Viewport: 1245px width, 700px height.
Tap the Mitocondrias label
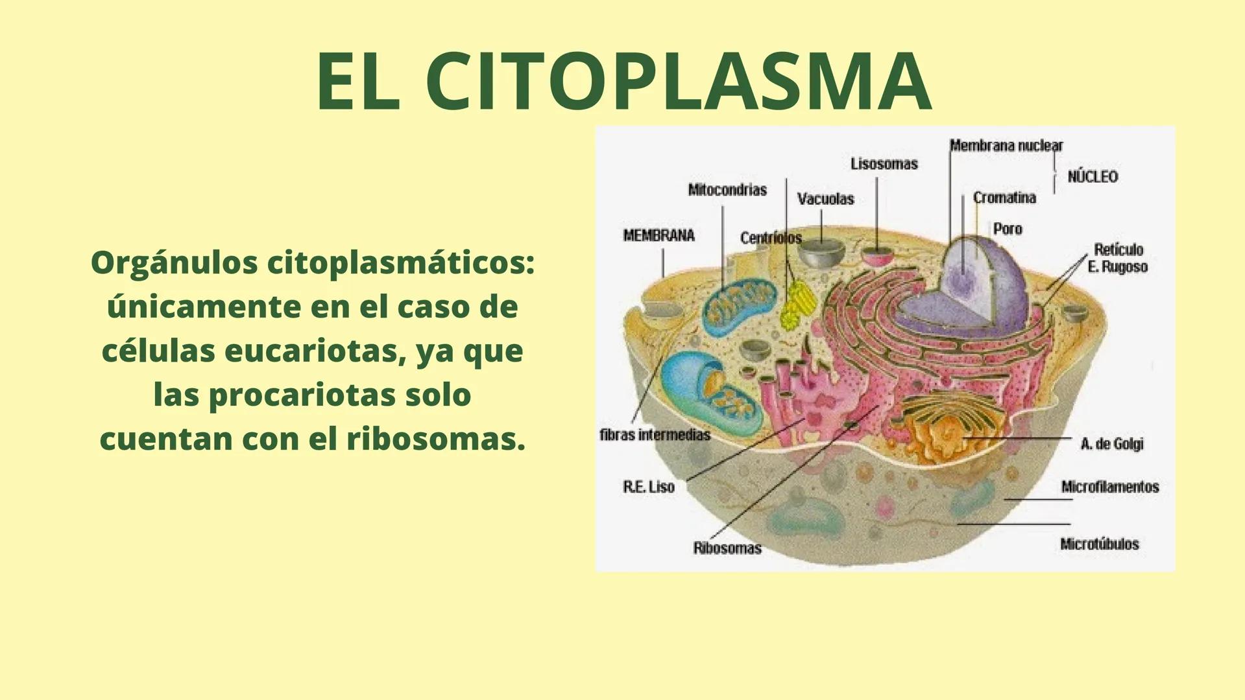[x=727, y=190]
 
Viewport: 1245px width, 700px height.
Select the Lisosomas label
[x=884, y=164]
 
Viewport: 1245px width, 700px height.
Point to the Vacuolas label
[x=825, y=199]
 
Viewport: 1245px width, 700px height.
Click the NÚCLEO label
[x=1093, y=176]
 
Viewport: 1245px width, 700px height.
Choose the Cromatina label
[x=1004, y=198]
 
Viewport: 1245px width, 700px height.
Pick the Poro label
[x=1008, y=229]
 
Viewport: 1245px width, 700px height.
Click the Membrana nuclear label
[x=1006, y=145]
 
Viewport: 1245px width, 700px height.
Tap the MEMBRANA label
[x=659, y=235]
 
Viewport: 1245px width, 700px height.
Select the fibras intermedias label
[x=655, y=435]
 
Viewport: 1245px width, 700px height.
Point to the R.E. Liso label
[x=649, y=487]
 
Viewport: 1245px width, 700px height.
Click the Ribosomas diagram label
[x=727, y=548]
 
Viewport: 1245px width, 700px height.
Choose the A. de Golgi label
[x=1112, y=444]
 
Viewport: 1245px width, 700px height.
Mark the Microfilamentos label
[x=1110, y=487]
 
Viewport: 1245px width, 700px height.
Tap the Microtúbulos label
[x=1100, y=544]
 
